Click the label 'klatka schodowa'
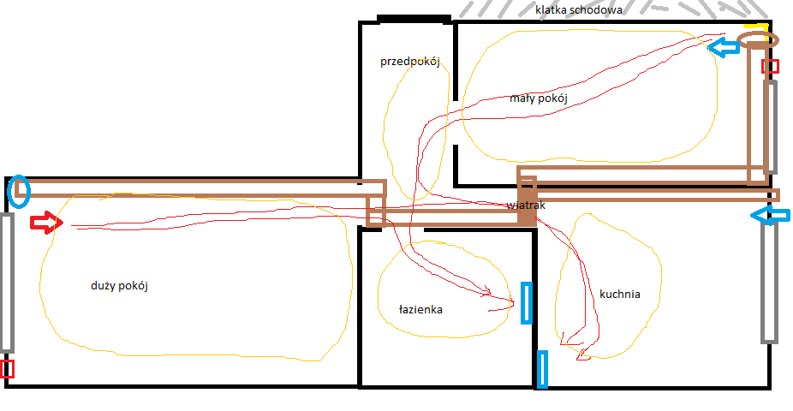tap(579, 9)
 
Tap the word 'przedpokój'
tap(410, 62)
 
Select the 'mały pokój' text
tap(539, 98)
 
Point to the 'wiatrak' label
tap(526, 205)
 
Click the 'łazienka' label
tap(420, 309)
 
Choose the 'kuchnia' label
tap(619, 294)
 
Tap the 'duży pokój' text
tap(119, 286)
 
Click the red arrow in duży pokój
tap(46, 223)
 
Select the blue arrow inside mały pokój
tap(724, 47)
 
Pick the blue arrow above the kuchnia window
tap(770, 216)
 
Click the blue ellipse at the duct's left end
tap(19, 191)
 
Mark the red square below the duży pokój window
tap(7, 369)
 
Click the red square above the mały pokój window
tap(770, 66)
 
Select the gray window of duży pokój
tap(6, 283)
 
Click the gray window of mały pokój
tap(770, 127)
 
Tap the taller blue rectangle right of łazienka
tap(527, 303)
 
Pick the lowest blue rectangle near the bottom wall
tap(541, 370)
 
